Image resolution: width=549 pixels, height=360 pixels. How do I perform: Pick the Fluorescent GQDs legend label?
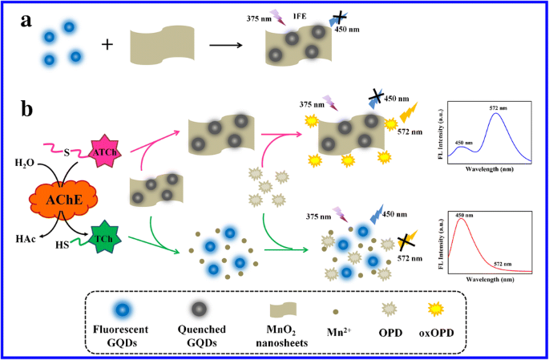click(123, 334)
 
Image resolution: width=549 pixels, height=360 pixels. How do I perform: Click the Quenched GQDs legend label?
click(200, 334)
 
